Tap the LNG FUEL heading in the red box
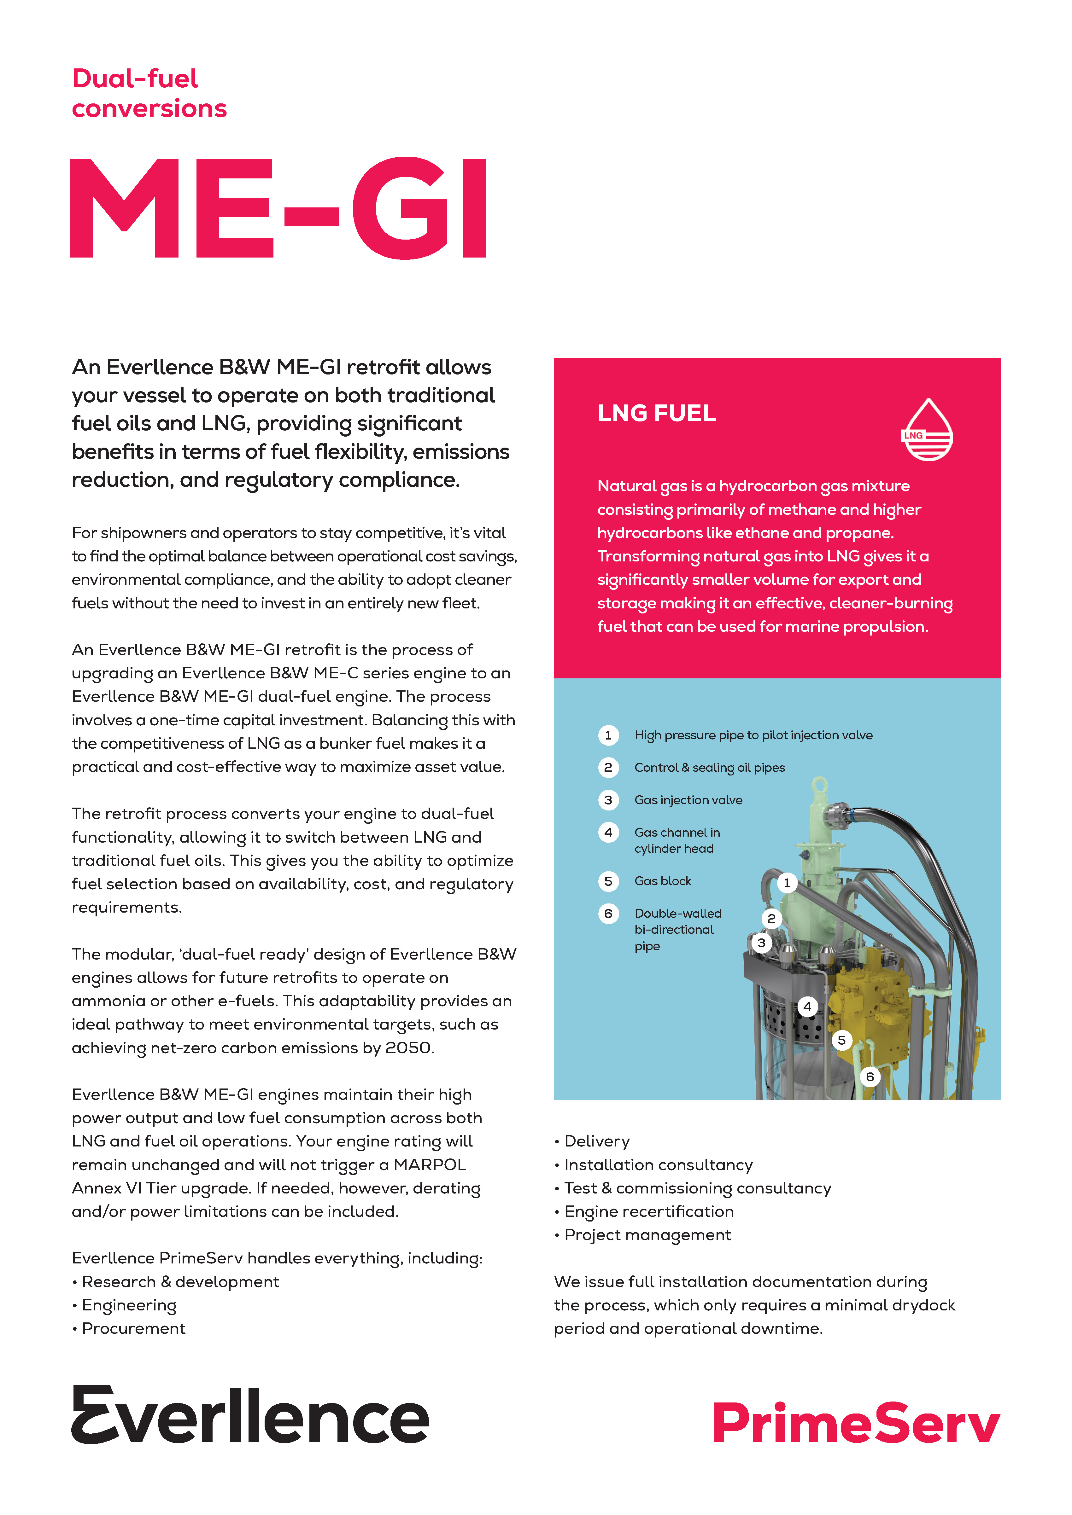[x=657, y=413]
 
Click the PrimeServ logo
[x=856, y=1423]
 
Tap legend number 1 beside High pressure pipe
[x=608, y=735]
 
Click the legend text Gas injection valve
[x=688, y=800]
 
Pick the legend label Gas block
[x=663, y=881]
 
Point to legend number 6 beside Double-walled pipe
[x=608, y=913]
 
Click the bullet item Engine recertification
[x=649, y=1211]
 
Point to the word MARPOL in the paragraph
[x=430, y=1165]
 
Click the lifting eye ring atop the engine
[x=819, y=785]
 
